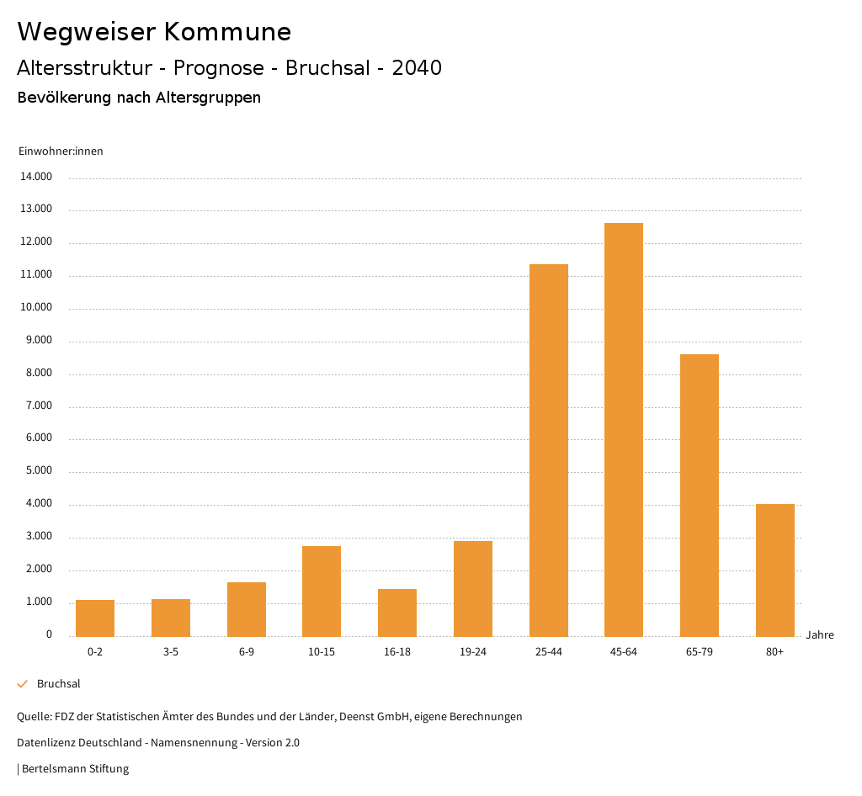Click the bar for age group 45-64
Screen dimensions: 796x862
click(x=624, y=429)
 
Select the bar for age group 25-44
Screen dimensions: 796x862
click(x=548, y=450)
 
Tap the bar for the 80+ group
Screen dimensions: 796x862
click(x=774, y=570)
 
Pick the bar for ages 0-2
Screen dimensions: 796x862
click(x=95, y=618)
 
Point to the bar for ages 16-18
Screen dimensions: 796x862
click(x=397, y=613)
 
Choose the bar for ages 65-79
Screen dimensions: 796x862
click(x=700, y=495)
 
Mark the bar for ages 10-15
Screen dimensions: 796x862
click(x=322, y=591)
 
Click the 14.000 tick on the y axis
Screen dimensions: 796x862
click(x=37, y=177)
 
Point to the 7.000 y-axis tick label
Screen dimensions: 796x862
click(x=37, y=406)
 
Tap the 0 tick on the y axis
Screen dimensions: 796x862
click(x=49, y=634)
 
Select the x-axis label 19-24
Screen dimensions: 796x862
click(x=473, y=652)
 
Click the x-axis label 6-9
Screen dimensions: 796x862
click(x=247, y=652)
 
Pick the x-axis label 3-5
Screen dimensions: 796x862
click(x=171, y=652)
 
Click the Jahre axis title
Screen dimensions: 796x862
click(x=819, y=635)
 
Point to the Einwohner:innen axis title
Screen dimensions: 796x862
click(x=61, y=151)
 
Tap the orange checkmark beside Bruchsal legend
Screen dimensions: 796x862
click(x=23, y=684)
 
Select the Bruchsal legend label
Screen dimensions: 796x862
click(x=59, y=684)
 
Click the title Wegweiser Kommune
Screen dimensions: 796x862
click(x=154, y=32)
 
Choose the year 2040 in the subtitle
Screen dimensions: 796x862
click(x=417, y=68)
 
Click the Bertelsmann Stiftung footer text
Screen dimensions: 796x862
click(x=75, y=769)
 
